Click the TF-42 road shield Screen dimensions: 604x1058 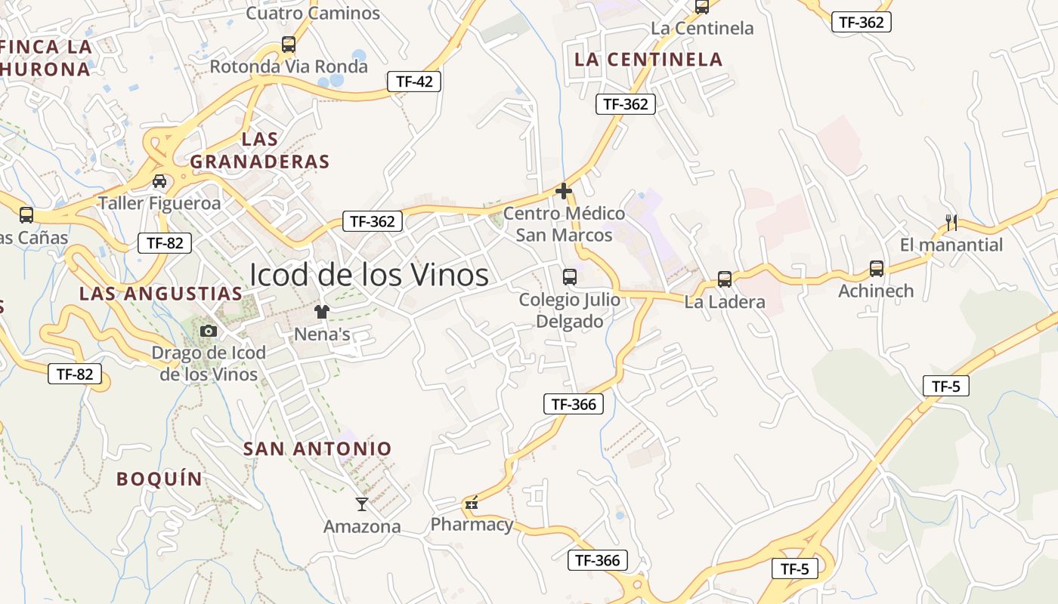[413, 82]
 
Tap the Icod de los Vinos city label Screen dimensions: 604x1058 [369, 276]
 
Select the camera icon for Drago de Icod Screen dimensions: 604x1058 [209, 331]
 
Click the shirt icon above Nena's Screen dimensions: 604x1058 [323, 312]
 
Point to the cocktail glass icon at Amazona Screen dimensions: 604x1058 [362, 504]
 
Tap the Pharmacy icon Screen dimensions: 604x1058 [472, 504]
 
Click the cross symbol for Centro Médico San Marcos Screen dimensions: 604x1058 [564, 192]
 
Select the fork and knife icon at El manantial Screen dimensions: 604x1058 [951, 223]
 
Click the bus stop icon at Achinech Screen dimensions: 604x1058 [877, 269]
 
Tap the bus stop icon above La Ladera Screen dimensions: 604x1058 [725, 279]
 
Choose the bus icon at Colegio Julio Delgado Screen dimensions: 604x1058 [570, 277]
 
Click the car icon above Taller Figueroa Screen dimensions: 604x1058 [159, 181]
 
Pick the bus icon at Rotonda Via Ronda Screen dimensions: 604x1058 [289, 45]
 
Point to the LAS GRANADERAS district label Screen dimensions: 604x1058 [260, 150]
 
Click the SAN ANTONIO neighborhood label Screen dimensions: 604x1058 [317, 448]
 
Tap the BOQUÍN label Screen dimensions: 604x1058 [159, 479]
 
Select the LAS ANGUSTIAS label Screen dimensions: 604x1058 [161, 294]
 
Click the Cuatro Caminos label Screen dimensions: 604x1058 [313, 13]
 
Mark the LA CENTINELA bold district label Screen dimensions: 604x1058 [648, 59]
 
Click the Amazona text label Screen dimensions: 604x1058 [362, 526]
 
